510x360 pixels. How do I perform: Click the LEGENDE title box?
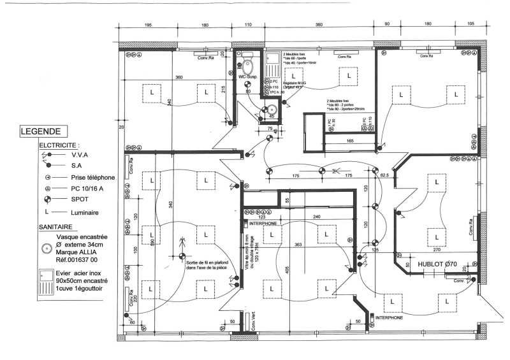41,132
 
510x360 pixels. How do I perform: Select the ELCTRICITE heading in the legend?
59,145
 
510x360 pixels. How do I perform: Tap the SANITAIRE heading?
55,226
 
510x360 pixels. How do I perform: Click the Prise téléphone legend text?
92,177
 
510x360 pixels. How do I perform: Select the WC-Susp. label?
247,77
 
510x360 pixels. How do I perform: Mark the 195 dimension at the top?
147,25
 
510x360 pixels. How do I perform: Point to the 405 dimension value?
288,270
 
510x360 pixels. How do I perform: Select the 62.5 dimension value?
384,175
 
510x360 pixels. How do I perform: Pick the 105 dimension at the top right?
470,25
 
